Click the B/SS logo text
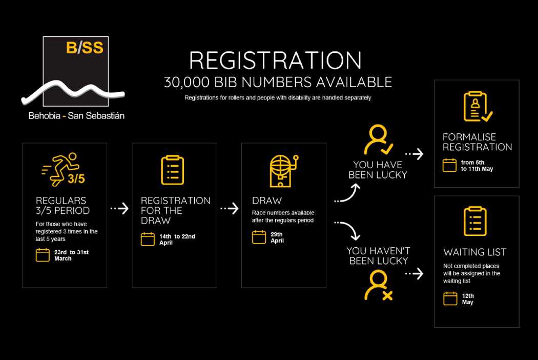click(85, 48)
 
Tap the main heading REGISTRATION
click(275, 61)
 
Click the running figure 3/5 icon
click(60, 168)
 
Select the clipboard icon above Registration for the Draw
click(172, 170)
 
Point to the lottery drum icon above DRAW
click(283, 170)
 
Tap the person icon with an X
click(378, 286)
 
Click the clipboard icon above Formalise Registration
click(477, 107)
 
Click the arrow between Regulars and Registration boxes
click(119, 209)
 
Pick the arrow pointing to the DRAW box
click(229, 209)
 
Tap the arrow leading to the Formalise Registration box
click(414, 153)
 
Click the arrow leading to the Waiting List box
click(414, 274)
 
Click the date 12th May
click(468, 299)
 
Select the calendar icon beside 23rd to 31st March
click(43, 255)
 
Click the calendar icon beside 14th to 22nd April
click(148, 239)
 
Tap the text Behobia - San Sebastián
click(76, 116)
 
